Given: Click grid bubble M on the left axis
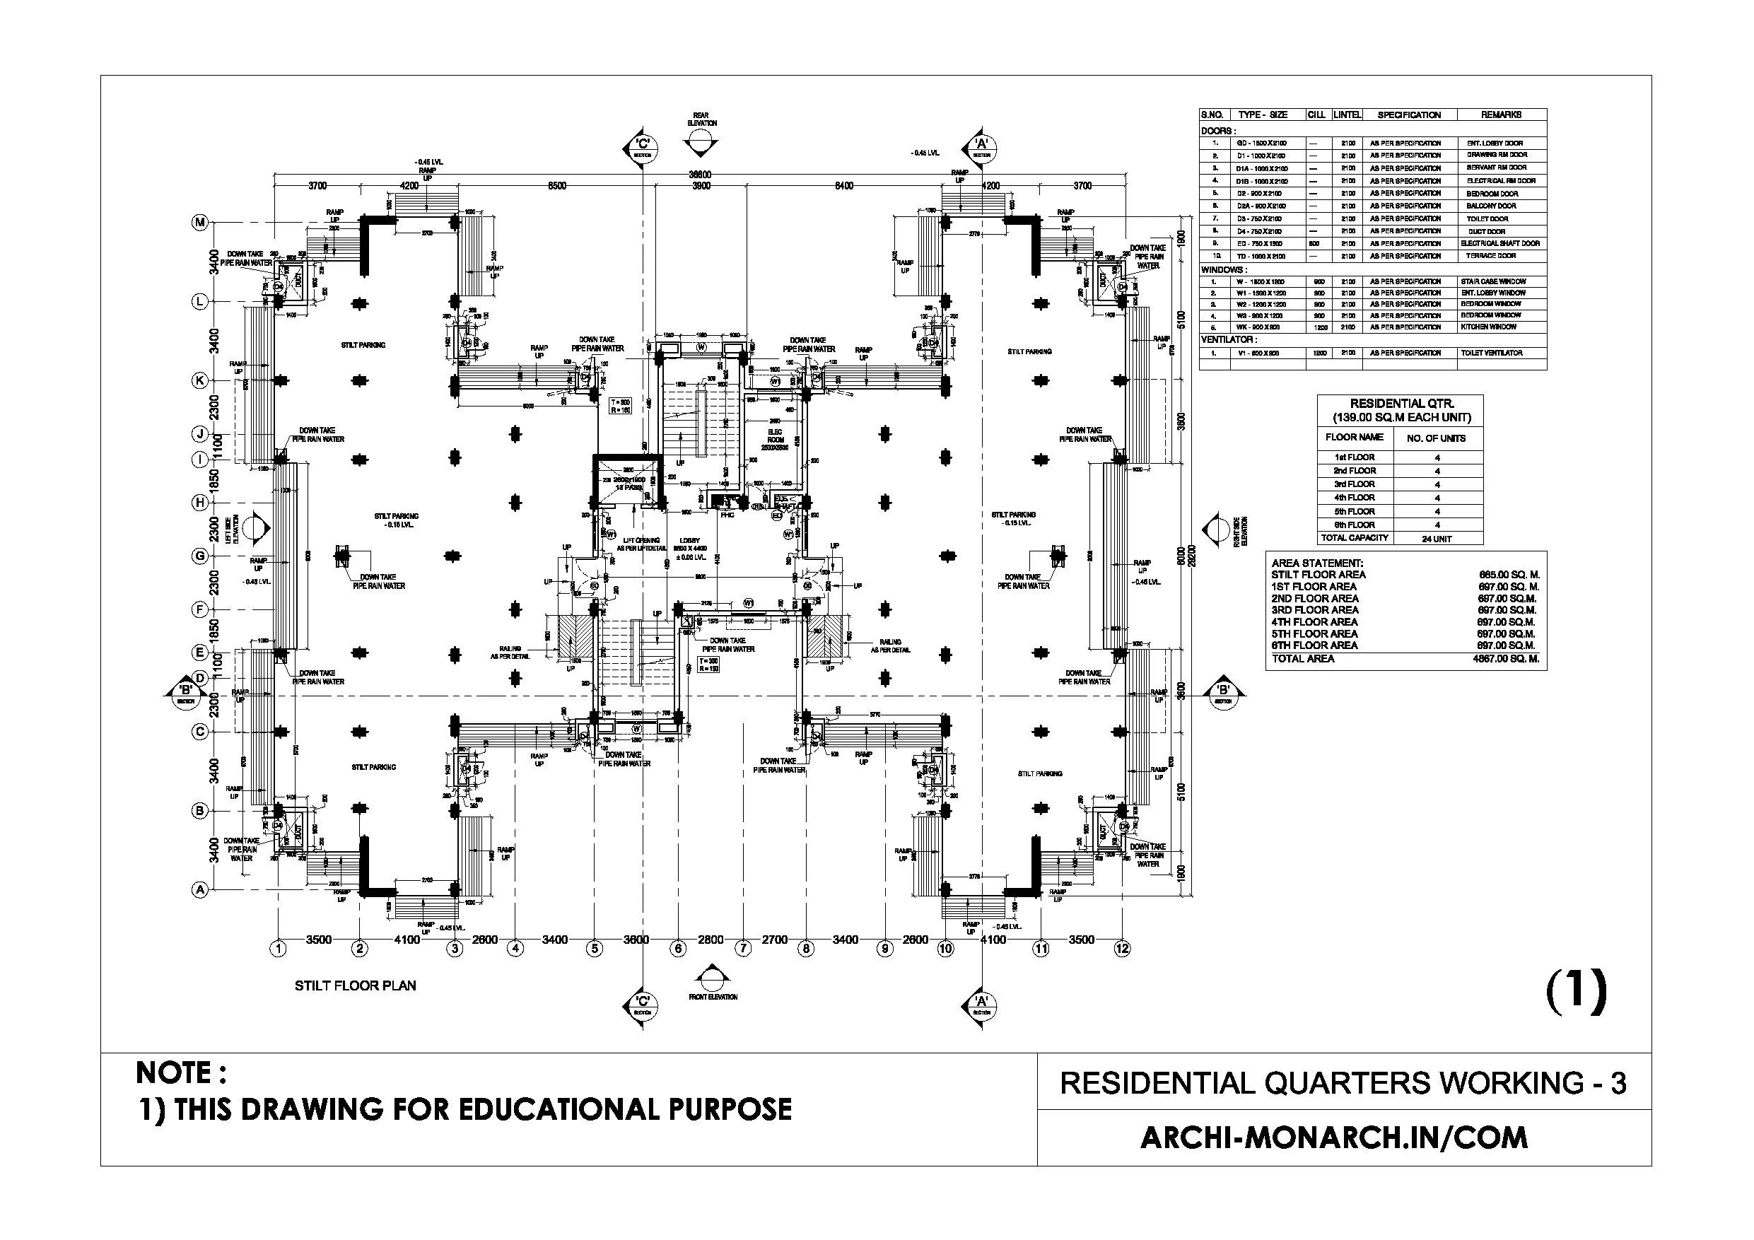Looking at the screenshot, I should pyautogui.click(x=199, y=222).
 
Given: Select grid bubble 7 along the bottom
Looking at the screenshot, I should pyautogui.click(x=742, y=949).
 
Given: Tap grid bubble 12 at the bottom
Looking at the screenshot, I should pyautogui.click(x=1121, y=949).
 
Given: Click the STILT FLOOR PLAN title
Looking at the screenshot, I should pyautogui.click(x=355, y=986).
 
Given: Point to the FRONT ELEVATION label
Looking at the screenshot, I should pyautogui.click(x=713, y=997).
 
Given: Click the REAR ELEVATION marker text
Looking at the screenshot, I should pyautogui.click(x=701, y=119).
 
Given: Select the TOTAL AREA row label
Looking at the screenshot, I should pyautogui.click(x=1302, y=659).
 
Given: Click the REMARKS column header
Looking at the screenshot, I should pyautogui.click(x=1501, y=115).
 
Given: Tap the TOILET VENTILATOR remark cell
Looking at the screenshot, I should pyautogui.click(x=1491, y=353).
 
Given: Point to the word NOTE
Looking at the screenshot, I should pyautogui.click(x=180, y=1073).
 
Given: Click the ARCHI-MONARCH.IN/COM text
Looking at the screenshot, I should pyautogui.click(x=1334, y=1138).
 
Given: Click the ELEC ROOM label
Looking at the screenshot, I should pyautogui.click(x=776, y=435).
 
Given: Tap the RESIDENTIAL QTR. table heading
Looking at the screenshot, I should pyautogui.click(x=1401, y=404).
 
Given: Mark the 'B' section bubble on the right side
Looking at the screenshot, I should pyautogui.click(x=1223, y=692).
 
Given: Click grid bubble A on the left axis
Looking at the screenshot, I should pyautogui.click(x=199, y=890).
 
